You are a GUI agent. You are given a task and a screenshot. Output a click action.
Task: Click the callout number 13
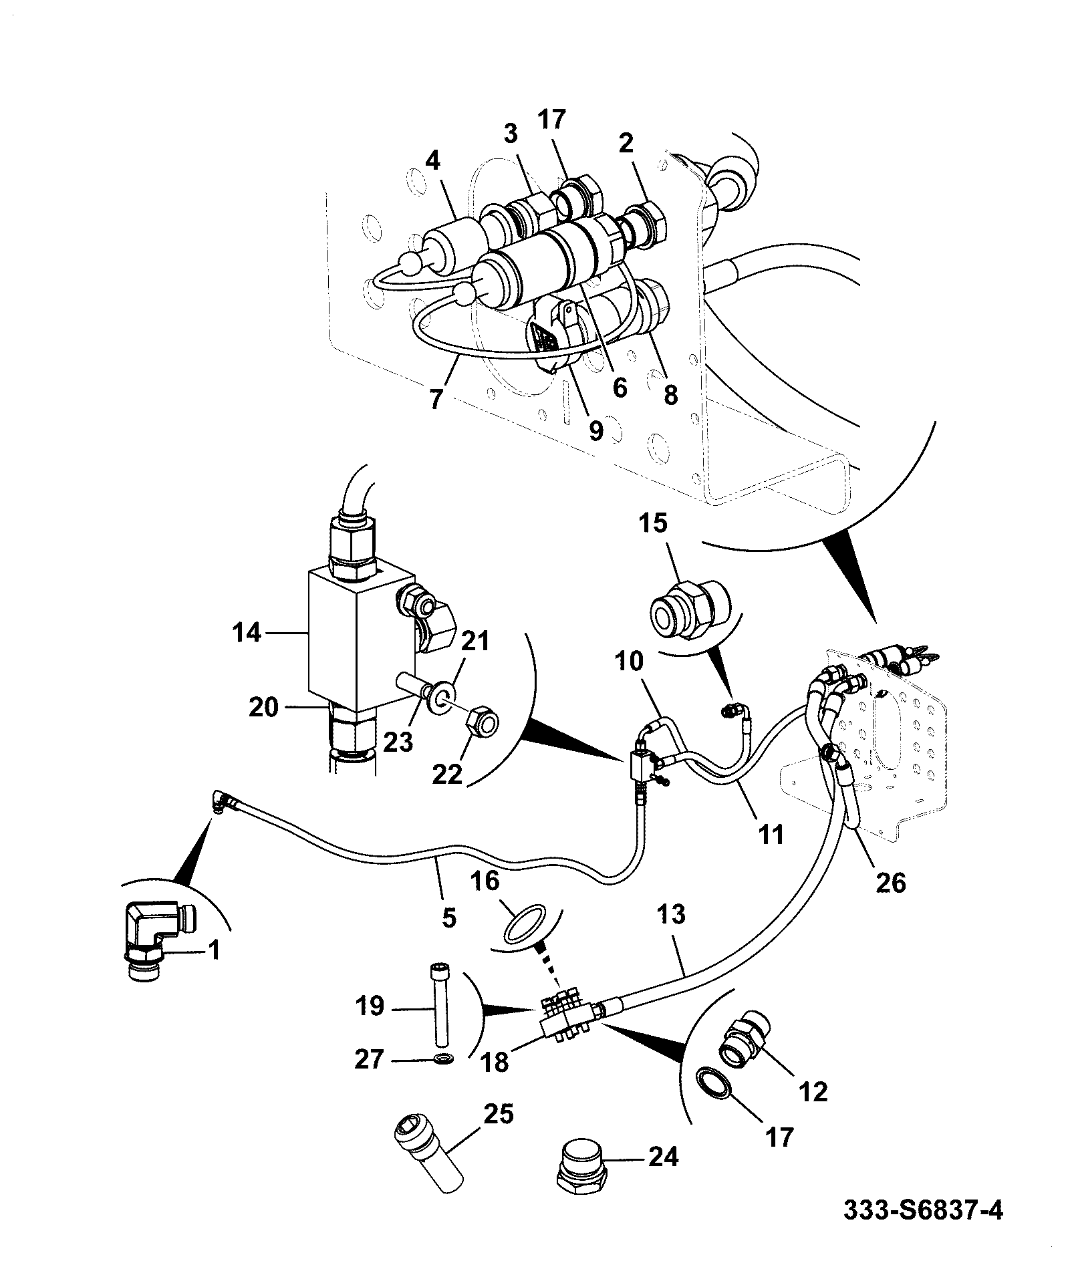coord(672,914)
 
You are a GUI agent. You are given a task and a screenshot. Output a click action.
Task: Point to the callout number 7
coord(436,399)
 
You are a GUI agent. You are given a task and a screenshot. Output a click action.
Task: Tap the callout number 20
coord(263,706)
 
